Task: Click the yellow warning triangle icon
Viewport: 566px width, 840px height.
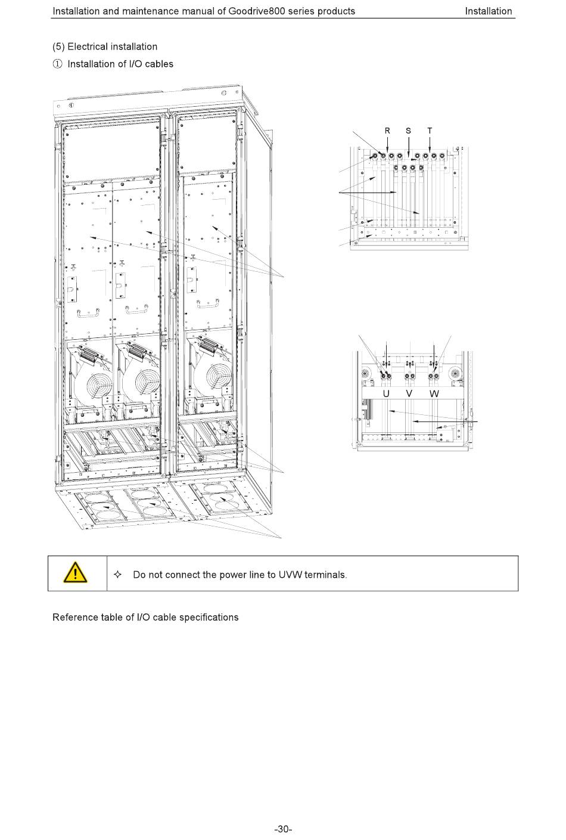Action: [x=76, y=573]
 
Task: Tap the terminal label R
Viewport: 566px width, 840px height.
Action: [x=387, y=131]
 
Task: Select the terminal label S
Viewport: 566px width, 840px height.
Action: [x=408, y=131]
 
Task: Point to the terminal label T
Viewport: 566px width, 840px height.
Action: [x=430, y=131]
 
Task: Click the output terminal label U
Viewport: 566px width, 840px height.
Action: [x=386, y=394]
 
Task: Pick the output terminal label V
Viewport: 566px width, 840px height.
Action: [x=409, y=394]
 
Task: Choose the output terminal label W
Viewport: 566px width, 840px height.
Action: [x=434, y=394]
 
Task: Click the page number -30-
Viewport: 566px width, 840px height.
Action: [x=282, y=829]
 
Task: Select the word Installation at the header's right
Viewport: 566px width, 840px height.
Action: [x=488, y=11]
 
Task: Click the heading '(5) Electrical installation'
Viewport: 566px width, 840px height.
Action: [x=105, y=47]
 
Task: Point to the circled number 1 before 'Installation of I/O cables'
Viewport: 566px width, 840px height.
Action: [x=57, y=64]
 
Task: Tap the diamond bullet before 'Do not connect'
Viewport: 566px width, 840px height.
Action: [x=117, y=575]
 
